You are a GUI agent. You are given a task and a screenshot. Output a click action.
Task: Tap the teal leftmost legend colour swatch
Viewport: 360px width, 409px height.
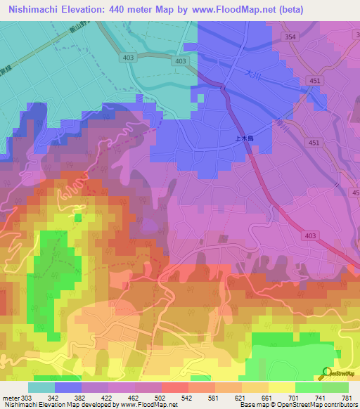click(x=41, y=387)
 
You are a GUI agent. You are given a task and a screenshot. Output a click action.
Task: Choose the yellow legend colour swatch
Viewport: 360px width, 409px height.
click(x=281, y=387)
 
